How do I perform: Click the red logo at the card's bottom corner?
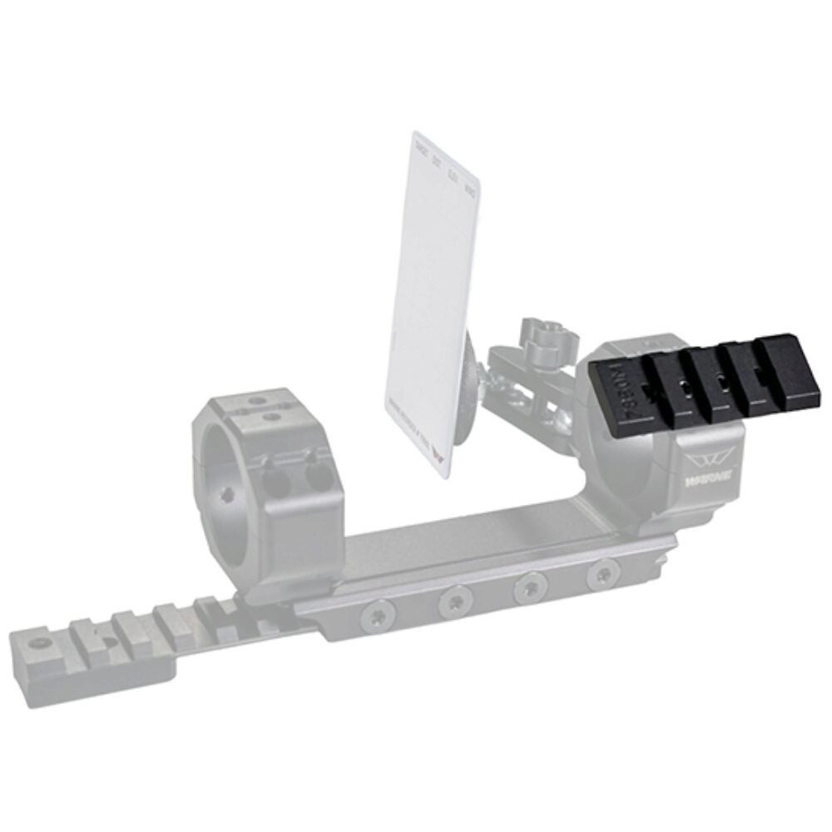441,456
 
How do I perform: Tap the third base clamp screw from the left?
529,587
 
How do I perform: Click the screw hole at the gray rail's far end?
37,645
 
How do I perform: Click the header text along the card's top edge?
445,171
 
